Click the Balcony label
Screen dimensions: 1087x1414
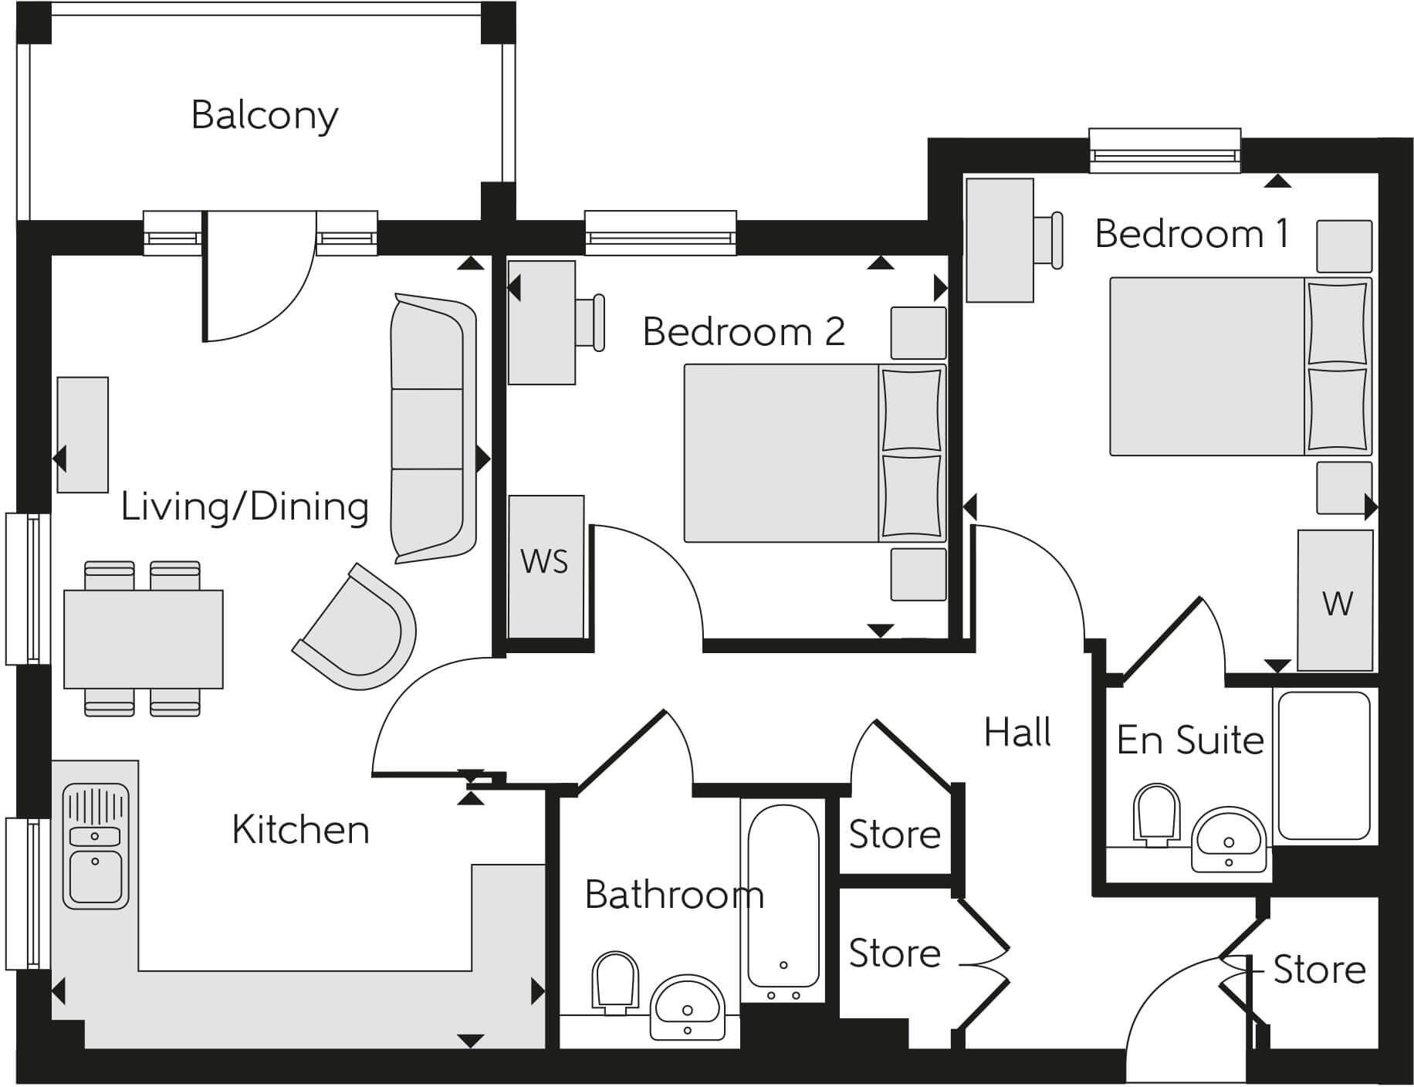coord(265,116)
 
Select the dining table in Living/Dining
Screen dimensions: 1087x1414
coord(144,638)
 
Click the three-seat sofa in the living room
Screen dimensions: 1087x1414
coord(432,428)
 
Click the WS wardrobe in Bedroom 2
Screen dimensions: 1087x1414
coord(546,566)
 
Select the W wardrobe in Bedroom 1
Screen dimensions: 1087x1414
coord(1335,600)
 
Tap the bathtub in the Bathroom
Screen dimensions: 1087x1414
coord(783,896)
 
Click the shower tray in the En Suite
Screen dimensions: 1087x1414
coord(1324,766)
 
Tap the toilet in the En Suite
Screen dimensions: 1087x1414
coord(1155,813)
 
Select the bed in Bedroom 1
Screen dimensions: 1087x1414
coord(1208,366)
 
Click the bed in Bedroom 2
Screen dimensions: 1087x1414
coord(781,452)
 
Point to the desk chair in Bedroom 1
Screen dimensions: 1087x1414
coord(1048,240)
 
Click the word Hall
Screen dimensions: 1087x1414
coord(1017,732)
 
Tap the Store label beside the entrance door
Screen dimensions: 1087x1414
coord(1318,969)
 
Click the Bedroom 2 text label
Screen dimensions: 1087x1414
coord(743,332)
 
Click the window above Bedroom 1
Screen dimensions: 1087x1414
coord(1164,152)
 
